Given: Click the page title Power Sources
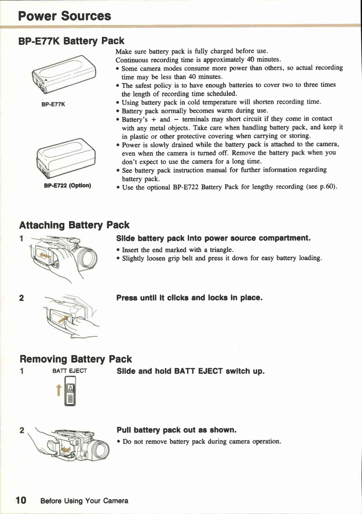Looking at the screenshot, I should (x=65, y=16).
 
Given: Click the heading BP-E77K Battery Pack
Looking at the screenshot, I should (x=71, y=41).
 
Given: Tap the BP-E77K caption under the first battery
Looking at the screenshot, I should (x=53, y=104).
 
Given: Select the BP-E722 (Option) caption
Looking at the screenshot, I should (x=67, y=185).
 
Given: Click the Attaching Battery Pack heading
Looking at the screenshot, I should (x=74, y=225).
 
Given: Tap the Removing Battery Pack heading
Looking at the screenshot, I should (x=76, y=359).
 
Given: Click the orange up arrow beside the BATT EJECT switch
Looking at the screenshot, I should (x=59, y=390).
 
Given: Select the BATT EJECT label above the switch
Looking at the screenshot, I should (x=70, y=371).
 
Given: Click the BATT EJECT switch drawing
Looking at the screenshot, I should (x=70, y=391).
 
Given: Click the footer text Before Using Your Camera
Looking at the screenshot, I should (x=84, y=501).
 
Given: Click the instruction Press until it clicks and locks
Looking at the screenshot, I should (x=189, y=298).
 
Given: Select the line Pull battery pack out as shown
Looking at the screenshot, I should (x=177, y=430).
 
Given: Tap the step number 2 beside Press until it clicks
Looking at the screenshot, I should (x=21, y=298).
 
